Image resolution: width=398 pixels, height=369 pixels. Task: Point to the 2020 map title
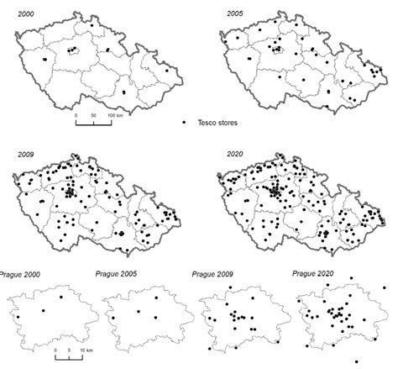point(236,154)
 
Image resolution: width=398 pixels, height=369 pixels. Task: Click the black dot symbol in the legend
point(183,123)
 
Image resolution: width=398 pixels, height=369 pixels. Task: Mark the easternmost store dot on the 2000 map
point(167,71)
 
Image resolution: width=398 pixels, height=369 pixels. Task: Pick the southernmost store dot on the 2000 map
point(123,92)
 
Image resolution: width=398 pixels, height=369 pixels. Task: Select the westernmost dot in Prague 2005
point(111,319)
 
